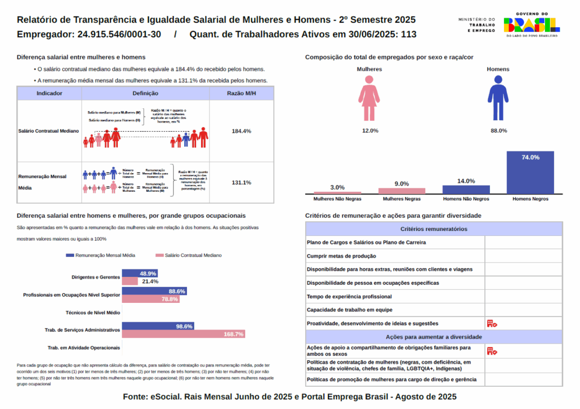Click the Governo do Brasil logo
click(531, 25)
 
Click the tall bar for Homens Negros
click(530, 172)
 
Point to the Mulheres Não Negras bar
click(338, 193)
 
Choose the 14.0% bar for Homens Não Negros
click(466, 189)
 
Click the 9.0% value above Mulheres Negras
click(402, 184)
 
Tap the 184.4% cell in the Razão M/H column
click(241, 131)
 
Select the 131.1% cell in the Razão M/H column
click(241, 183)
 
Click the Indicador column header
click(49, 93)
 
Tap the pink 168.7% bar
click(184, 334)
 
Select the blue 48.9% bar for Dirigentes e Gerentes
click(140, 273)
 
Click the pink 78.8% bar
click(151, 299)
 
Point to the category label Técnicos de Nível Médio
click(93, 313)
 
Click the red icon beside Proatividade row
click(491, 323)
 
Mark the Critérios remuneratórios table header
click(434, 229)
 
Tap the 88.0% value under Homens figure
click(498, 130)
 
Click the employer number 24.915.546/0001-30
click(118, 35)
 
